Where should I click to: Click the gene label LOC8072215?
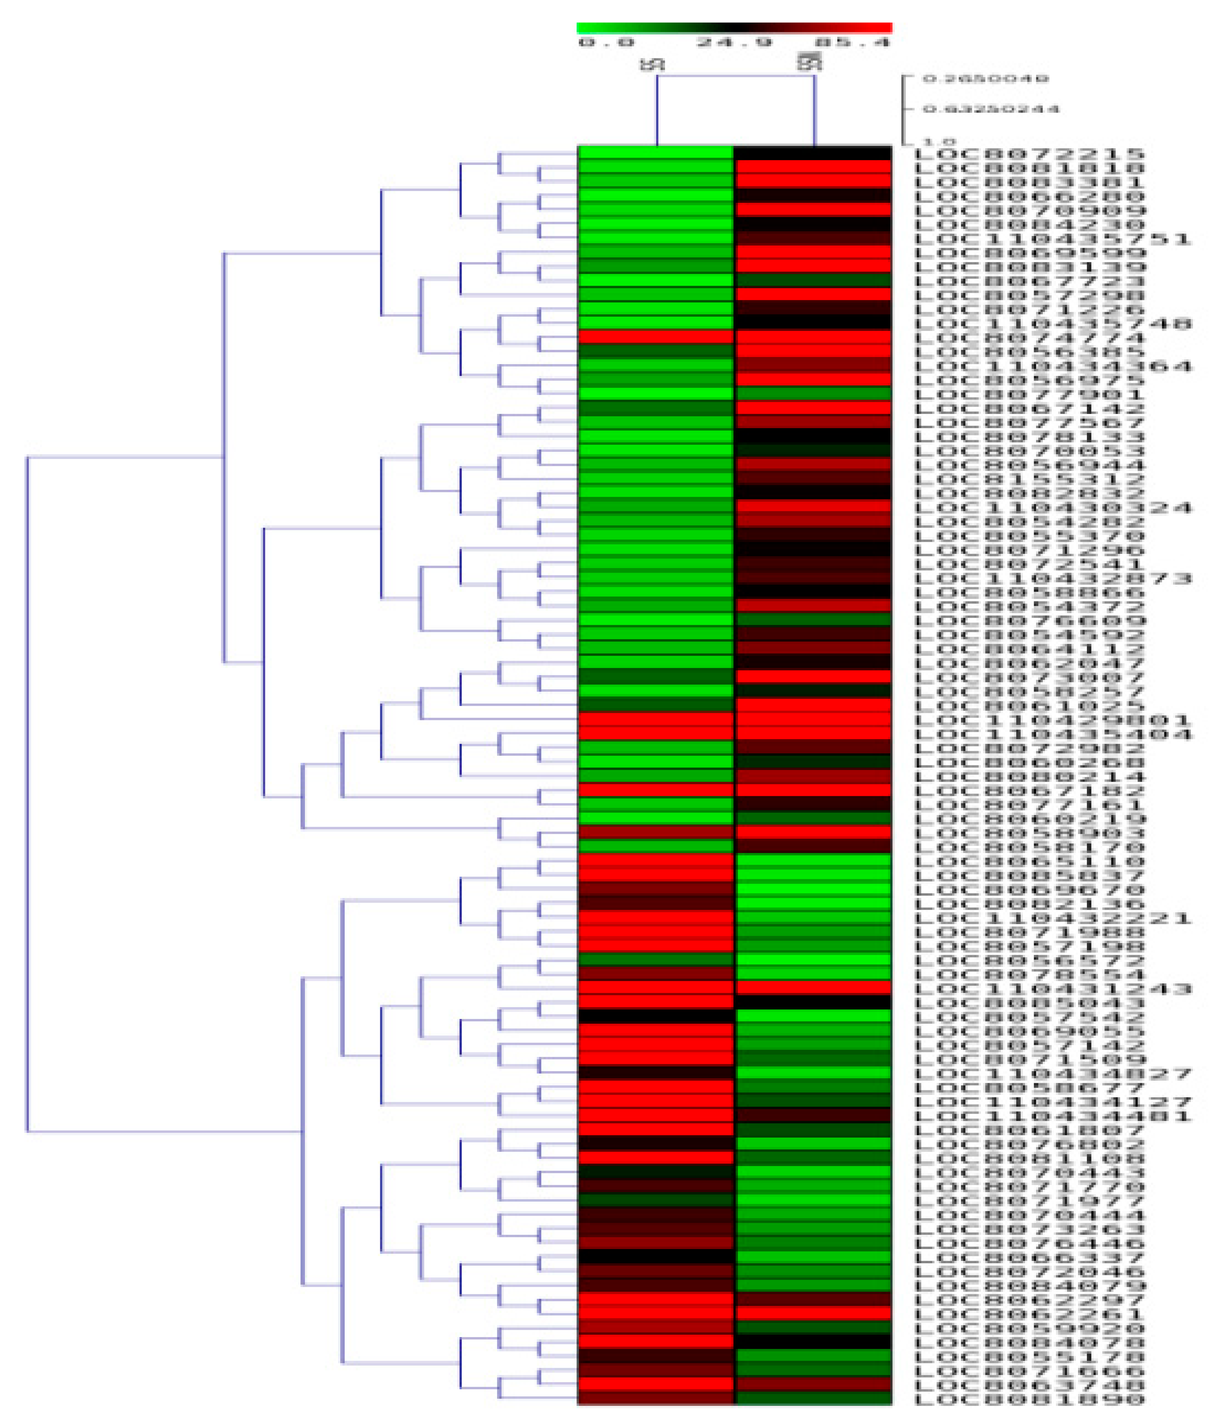[1030, 154]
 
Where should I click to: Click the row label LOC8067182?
[1030, 791]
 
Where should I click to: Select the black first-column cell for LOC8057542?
[656, 1016]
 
